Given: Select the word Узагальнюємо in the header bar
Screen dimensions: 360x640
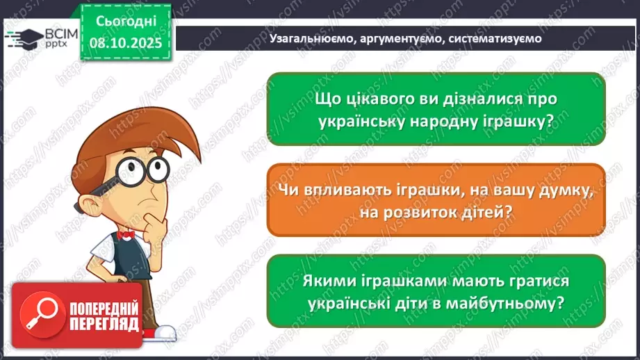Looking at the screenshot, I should point(311,39).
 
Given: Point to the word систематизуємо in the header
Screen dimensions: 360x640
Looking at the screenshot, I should point(495,39).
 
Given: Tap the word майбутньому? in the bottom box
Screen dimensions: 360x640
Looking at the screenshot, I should point(511,303).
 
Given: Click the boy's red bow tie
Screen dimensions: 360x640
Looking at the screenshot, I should point(126,236).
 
